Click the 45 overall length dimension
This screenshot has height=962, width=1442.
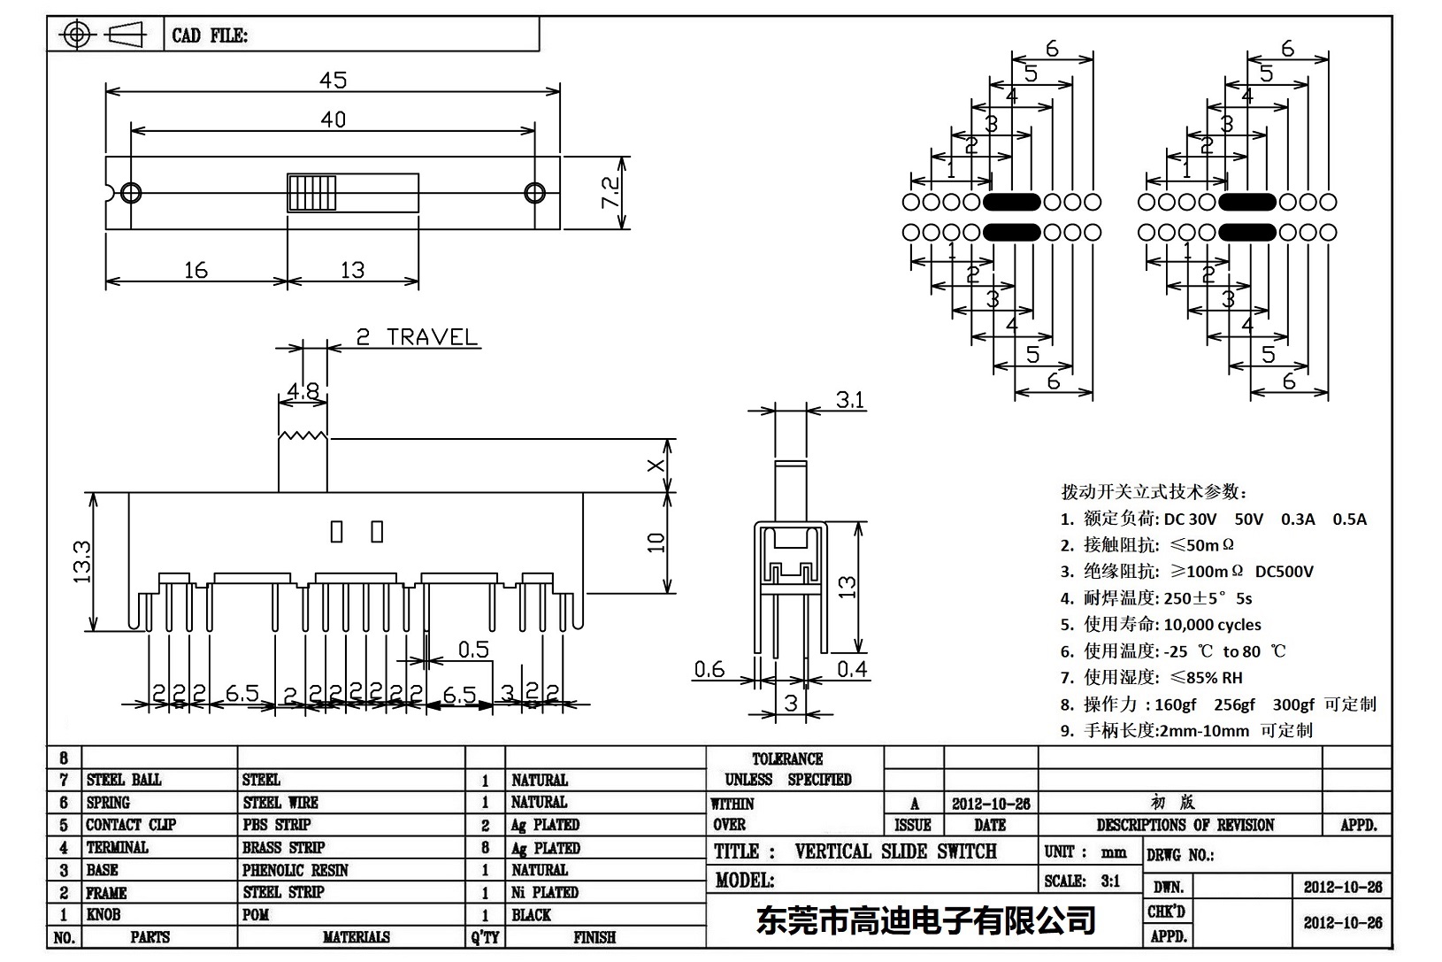333,80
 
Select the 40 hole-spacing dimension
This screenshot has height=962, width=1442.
333,119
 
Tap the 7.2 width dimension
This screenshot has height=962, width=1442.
610,193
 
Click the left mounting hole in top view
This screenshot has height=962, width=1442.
131,192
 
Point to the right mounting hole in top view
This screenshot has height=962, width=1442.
534,192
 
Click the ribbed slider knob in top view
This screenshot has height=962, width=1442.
311,192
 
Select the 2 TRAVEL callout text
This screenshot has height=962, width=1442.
416,337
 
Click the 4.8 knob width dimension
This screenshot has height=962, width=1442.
303,391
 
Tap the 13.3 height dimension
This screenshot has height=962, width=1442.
81,562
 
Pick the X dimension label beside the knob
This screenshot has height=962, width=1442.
656,466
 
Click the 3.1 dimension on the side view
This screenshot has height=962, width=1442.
849,401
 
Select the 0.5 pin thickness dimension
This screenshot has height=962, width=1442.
473,650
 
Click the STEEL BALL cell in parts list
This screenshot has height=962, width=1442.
124,780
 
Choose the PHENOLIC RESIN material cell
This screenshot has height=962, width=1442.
295,870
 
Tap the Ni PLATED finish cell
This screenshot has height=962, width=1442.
544,892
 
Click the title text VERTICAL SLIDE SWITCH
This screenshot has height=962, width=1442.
894,851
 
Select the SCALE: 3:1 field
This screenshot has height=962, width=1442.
1081,881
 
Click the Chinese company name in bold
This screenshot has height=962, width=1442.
925,921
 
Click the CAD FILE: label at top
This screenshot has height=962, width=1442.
210,35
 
